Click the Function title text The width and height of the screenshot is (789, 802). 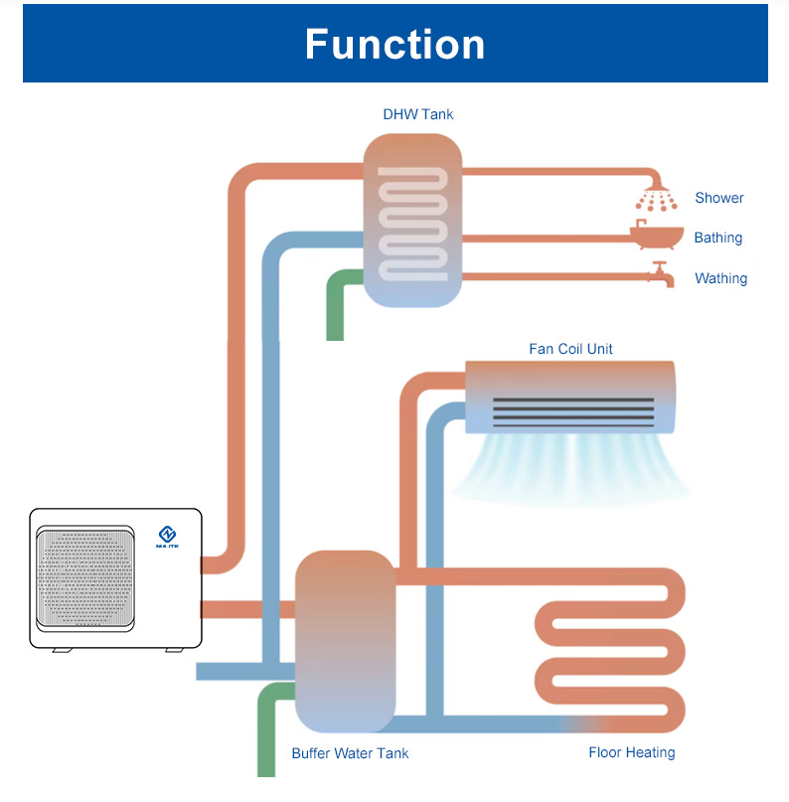pyautogui.click(x=394, y=45)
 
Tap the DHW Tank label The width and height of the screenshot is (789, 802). pyautogui.click(x=417, y=114)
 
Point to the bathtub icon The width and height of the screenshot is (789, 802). pyautogui.click(x=657, y=237)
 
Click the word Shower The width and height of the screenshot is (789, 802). pyautogui.click(x=719, y=198)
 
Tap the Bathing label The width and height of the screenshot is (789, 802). pyautogui.click(x=718, y=238)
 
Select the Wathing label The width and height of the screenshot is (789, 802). pyautogui.click(x=720, y=278)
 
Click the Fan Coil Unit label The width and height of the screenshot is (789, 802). pyautogui.click(x=570, y=349)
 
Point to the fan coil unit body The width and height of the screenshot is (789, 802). pyautogui.click(x=569, y=396)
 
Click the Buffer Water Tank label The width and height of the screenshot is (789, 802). pyautogui.click(x=350, y=753)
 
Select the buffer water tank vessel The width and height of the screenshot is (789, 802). pyautogui.click(x=345, y=641)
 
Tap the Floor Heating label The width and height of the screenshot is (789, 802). pyautogui.click(x=632, y=752)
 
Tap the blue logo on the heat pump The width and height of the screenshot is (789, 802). pyautogui.click(x=166, y=538)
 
